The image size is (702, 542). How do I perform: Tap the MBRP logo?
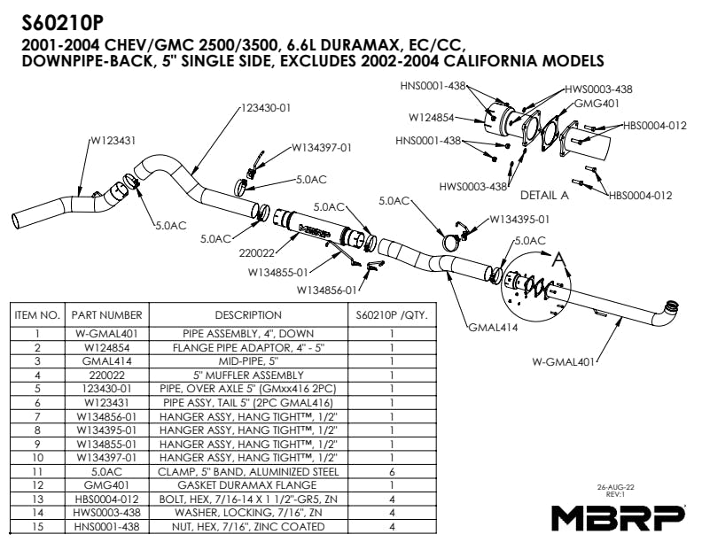618,516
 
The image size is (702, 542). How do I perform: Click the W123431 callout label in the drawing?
113,141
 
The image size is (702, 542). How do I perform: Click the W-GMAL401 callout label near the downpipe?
564,361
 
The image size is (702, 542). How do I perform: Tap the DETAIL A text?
543,195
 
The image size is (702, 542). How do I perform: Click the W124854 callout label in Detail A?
433,117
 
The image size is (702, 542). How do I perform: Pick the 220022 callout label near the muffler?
256,252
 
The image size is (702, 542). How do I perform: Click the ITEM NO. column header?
37,314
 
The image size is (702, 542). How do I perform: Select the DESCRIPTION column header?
248,314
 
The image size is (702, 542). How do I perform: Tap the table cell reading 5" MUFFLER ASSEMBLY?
248,375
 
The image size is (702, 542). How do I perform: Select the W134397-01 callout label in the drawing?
322,147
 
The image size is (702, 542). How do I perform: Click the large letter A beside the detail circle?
558,259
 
